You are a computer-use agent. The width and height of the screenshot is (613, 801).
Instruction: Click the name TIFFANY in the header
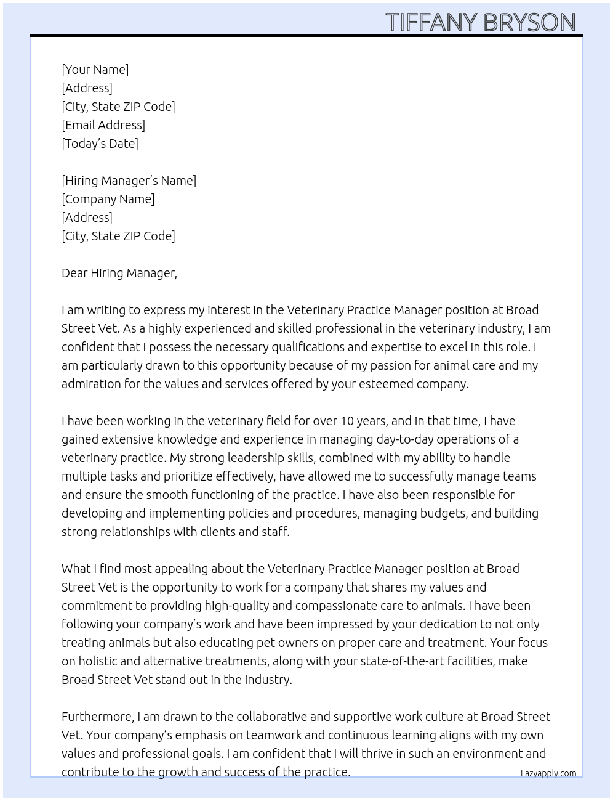click(431, 23)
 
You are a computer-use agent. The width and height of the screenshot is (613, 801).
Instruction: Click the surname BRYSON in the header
click(529, 23)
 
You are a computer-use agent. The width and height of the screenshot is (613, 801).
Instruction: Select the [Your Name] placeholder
click(95, 70)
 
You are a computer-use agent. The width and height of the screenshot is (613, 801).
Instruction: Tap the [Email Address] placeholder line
click(103, 125)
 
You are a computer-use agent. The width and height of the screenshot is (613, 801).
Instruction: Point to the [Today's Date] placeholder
click(100, 144)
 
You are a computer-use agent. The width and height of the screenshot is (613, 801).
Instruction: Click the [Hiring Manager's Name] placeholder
click(129, 181)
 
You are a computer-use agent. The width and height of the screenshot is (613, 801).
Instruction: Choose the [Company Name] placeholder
click(108, 199)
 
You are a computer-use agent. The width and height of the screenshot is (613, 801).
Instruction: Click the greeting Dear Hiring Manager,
click(119, 273)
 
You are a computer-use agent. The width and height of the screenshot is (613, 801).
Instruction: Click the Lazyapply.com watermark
click(548, 773)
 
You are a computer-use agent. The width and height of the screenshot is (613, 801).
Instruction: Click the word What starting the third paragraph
click(76, 569)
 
